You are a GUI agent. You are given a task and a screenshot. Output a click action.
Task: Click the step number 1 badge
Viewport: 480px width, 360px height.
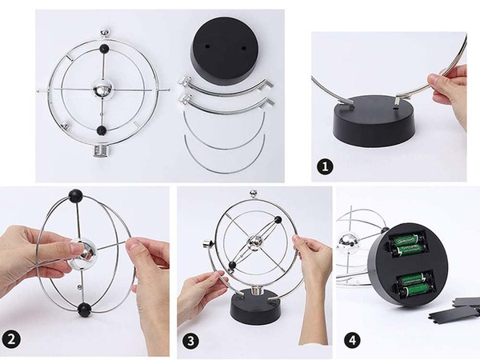click(325, 167)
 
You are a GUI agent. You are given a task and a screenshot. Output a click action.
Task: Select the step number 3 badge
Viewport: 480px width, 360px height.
click(191, 339)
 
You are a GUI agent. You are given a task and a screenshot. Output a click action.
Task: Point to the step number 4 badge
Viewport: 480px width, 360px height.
click(351, 339)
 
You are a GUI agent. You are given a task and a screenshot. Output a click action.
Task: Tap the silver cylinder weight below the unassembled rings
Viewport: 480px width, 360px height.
click(101, 151)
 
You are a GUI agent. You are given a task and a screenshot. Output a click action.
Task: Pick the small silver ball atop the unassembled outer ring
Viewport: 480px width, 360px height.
click(103, 34)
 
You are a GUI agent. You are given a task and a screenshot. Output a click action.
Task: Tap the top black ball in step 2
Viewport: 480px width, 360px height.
click(75, 194)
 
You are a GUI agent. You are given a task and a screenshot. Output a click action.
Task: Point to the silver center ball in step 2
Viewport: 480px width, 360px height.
click(83, 253)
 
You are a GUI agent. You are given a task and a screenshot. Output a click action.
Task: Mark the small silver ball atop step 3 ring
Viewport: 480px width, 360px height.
click(254, 193)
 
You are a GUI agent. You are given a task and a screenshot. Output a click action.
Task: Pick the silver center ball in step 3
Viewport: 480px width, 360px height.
click(254, 242)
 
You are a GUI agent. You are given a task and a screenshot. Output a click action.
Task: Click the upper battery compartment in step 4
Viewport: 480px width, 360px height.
click(408, 241)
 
